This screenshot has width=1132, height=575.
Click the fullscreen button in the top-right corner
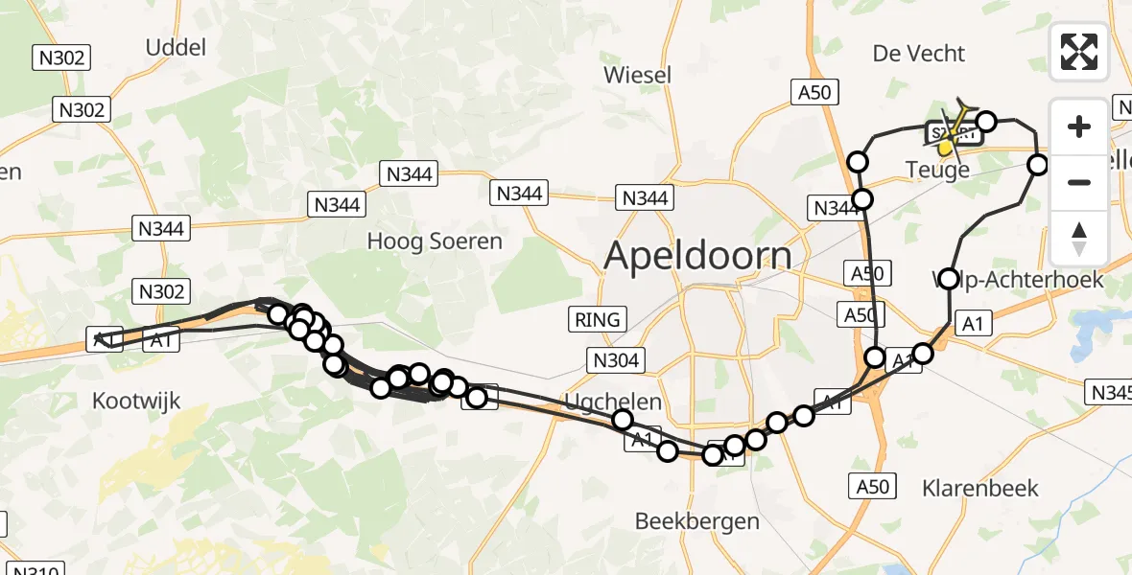[1079, 52]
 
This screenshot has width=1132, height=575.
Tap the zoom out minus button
[1079, 182]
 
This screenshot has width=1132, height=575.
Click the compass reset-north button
[1079, 239]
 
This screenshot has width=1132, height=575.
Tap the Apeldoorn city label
[698, 256]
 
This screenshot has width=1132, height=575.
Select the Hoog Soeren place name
[435, 241]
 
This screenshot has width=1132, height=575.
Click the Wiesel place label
[637, 74]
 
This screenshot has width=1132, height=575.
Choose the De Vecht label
[918, 54]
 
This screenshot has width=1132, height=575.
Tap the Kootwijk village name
[136, 402]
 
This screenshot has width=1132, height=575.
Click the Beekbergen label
[697, 521]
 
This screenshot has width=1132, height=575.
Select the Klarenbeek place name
[979, 488]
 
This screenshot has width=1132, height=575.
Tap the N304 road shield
[616, 359]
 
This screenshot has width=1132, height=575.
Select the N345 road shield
[1110, 392]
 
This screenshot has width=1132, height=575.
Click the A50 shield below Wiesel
[815, 92]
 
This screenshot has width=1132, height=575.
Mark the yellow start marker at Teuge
[946, 147]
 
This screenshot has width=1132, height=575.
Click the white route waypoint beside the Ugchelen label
[623, 419]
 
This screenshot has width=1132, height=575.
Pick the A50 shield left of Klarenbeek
[873, 487]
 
